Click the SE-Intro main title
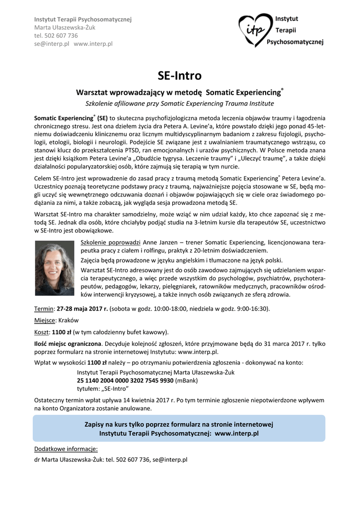180,76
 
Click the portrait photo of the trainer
55,269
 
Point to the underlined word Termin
44,309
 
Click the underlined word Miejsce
45,320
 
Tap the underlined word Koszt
42,332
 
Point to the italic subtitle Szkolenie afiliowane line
180,104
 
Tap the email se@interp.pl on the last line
170,460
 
